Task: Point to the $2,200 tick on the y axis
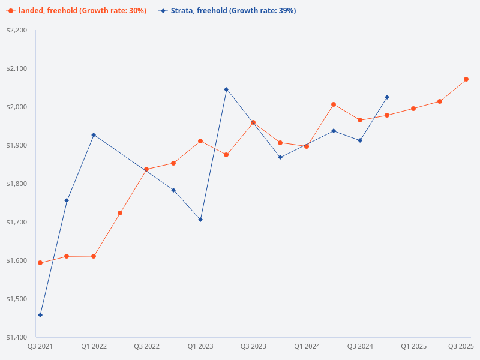(x=17, y=30)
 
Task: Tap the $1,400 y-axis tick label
(x=17, y=337)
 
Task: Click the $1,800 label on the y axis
(x=17, y=184)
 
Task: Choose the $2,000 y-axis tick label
(x=17, y=107)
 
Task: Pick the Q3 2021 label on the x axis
(x=40, y=346)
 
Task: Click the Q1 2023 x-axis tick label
(x=200, y=346)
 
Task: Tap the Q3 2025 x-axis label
(x=461, y=346)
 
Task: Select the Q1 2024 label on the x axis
(x=307, y=346)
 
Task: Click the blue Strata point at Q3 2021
(x=40, y=315)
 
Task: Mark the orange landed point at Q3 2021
(x=40, y=263)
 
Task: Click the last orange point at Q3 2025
(x=466, y=79)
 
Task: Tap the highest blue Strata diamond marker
(x=226, y=89)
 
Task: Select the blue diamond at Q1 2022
(x=94, y=135)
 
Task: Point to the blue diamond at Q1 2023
(x=200, y=220)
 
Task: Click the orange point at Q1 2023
(x=200, y=141)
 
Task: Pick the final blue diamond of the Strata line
(x=387, y=97)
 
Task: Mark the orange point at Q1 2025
(x=413, y=109)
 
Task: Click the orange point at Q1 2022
(x=94, y=256)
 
